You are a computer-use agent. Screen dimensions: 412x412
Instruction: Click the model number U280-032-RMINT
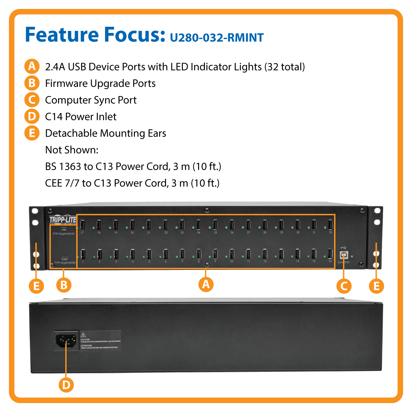tap(217, 37)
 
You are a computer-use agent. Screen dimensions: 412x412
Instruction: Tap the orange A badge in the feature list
tap(32, 66)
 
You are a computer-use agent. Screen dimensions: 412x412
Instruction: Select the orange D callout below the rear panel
tap(66, 385)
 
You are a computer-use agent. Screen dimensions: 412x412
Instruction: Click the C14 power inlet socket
tap(66, 341)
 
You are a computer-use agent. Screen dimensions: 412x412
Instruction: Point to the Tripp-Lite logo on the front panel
tap(62, 220)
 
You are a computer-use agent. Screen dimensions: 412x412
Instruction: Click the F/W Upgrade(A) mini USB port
tap(64, 229)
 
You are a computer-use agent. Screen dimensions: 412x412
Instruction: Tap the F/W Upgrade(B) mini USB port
tap(64, 258)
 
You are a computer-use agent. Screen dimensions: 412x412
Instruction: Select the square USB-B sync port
tap(343, 255)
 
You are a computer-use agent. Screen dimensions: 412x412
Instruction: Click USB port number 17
tap(82, 225)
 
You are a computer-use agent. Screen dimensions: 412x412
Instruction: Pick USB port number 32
tap(330, 225)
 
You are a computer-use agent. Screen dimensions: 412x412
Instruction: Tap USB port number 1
tap(83, 254)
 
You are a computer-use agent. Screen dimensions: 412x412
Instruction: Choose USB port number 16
tap(330, 254)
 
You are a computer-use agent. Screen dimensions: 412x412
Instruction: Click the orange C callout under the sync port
tap(344, 286)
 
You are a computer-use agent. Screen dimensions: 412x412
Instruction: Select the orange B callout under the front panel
tap(64, 285)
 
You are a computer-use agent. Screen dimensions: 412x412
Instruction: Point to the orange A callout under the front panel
tap(206, 284)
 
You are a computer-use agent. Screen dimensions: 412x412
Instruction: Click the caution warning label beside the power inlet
tap(100, 341)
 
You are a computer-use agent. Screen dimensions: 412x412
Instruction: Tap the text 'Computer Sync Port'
tap(91, 100)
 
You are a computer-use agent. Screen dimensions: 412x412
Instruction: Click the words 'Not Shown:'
tap(72, 150)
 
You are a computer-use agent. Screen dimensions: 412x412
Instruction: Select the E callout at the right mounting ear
tap(376, 286)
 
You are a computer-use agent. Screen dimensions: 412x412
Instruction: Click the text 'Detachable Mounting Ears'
tap(105, 133)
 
